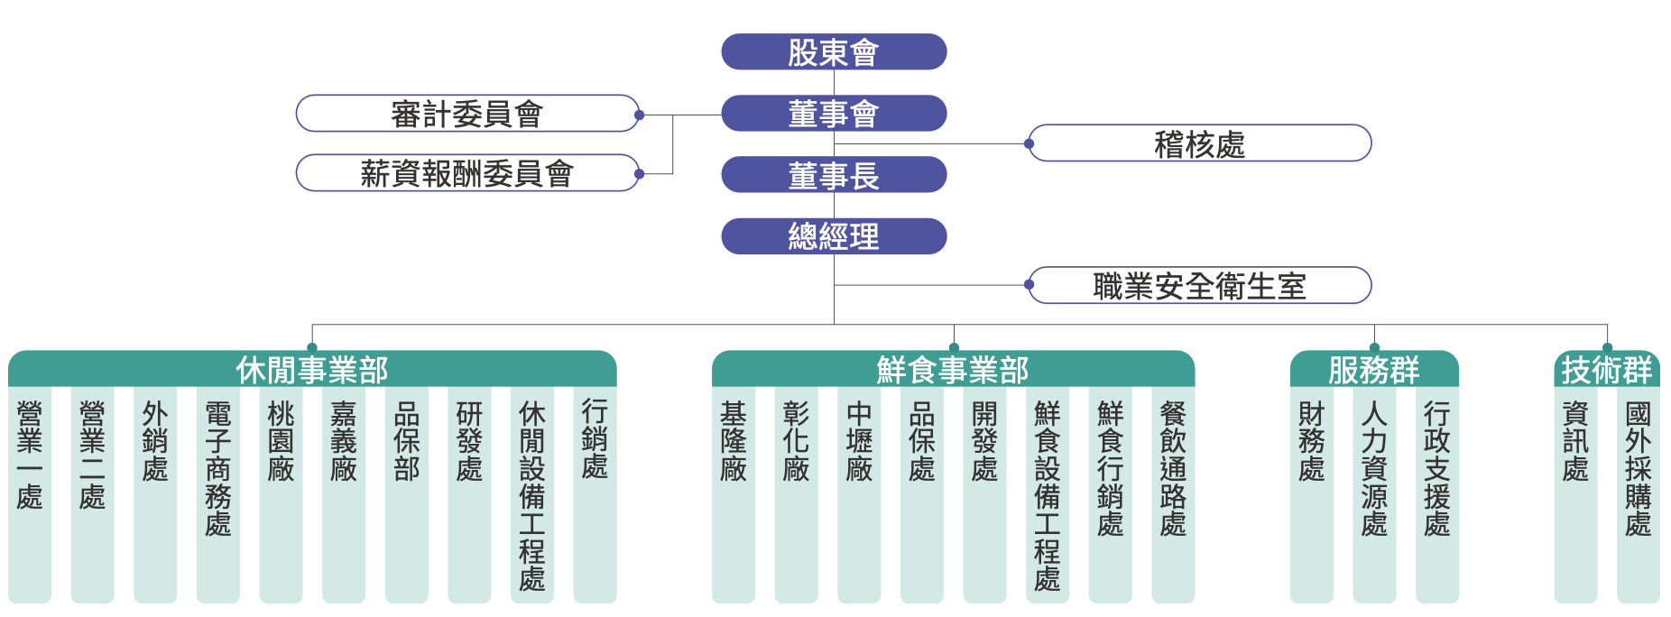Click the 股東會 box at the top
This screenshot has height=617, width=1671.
tap(834, 52)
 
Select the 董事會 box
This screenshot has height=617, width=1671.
tap(834, 114)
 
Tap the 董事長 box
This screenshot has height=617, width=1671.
tap(834, 175)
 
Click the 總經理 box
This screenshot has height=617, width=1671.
tap(834, 236)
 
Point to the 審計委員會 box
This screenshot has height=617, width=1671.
tap(467, 114)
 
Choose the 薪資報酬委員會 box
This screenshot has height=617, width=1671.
tap(467, 173)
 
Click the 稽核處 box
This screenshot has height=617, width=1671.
tap(1199, 143)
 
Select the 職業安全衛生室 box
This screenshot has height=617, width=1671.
tap(1199, 286)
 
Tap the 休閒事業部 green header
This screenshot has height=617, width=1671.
tap(312, 370)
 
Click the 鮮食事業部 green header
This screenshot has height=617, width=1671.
tap(953, 370)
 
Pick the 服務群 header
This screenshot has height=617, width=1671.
tap(1374, 370)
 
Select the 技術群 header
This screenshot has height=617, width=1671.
tap(1607, 370)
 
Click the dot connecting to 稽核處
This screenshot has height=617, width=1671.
tap(1029, 143)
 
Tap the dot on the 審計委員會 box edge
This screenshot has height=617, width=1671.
tap(639, 115)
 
